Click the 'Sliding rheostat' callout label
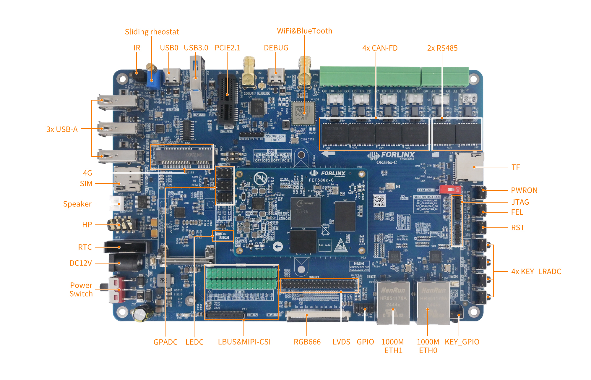152,32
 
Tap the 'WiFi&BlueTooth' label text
304,31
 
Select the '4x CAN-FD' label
380,48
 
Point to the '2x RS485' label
442,48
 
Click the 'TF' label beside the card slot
515,167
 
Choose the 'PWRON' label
524,190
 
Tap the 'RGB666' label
307,342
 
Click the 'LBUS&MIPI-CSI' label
244,342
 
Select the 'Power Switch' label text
81,290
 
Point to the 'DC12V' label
81,263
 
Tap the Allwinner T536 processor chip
305,212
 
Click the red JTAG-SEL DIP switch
449,189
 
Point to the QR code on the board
379,200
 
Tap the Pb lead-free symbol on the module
260,179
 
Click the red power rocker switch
117,289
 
